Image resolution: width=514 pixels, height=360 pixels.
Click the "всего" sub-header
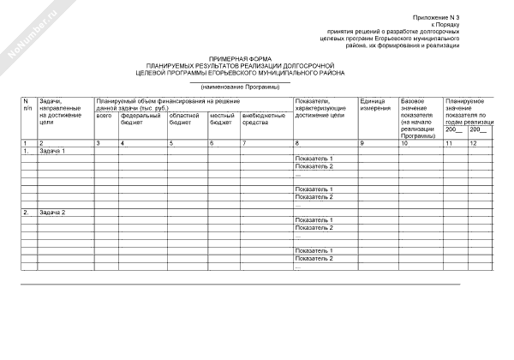104,116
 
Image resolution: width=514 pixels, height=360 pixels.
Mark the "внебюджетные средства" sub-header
263,119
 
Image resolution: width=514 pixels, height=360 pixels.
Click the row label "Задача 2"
52,212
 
